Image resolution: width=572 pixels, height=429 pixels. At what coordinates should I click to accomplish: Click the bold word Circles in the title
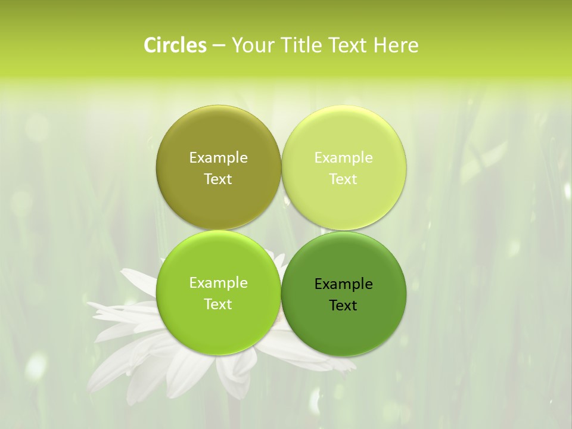[175, 45]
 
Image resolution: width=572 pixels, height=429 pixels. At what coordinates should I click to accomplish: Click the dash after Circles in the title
[219, 46]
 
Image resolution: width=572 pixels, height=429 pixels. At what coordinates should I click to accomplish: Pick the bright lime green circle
[218, 325]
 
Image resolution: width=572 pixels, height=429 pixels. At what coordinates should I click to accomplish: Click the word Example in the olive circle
[218, 158]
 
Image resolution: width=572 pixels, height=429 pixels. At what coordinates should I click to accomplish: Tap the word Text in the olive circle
[218, 179]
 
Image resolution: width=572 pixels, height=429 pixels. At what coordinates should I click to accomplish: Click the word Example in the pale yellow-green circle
[343, 158]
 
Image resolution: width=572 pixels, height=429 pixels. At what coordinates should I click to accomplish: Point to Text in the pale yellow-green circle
[343, 179]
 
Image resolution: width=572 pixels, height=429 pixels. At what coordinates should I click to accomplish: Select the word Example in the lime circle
[218, 283]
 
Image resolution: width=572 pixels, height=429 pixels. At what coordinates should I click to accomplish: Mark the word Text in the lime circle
[218, 304]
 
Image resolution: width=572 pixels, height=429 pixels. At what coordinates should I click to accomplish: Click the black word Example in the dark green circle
[343, 284]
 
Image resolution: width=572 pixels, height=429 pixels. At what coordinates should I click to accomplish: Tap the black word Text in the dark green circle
[343, 306]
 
